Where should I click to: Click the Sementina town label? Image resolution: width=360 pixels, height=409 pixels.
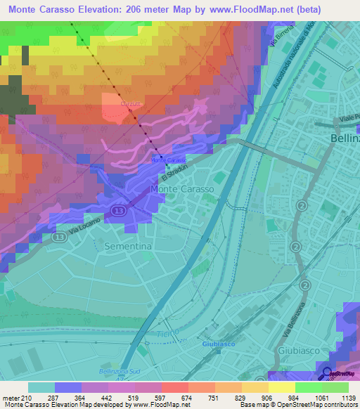pos(127,247)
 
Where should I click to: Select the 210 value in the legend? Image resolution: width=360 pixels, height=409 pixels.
pos(27,398)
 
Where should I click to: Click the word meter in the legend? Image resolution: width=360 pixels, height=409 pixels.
pos(11,398)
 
